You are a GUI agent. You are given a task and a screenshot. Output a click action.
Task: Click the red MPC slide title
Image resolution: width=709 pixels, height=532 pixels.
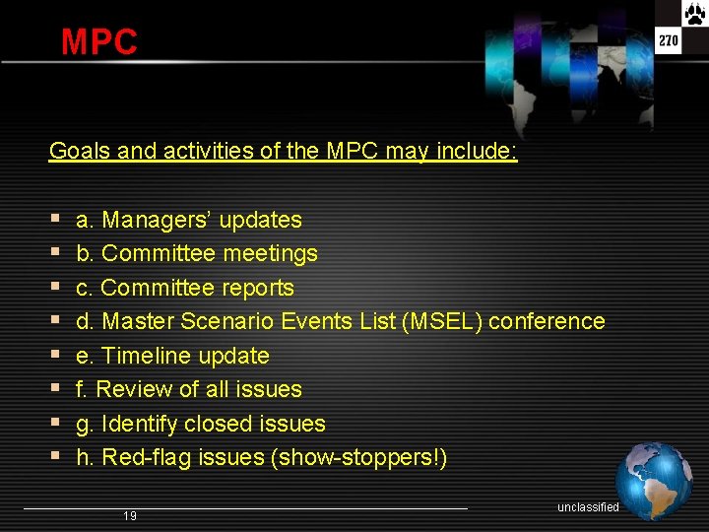(98, 42)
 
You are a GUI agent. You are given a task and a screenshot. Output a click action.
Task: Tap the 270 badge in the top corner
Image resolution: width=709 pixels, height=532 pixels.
(669, 41)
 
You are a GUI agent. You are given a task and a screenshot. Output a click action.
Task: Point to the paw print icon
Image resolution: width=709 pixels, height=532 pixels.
(694, 15)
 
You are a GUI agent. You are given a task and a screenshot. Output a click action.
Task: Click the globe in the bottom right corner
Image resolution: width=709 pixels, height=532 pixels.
(654, 482)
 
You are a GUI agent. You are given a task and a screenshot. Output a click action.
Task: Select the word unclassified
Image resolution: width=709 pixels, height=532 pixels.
(588, 507)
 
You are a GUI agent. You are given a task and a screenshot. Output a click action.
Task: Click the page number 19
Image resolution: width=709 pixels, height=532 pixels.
(130, 516)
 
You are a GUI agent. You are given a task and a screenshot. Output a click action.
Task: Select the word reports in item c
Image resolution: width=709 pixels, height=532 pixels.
(258, 288)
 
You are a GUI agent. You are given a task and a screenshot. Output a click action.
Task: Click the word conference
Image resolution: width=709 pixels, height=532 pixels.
(547, 321)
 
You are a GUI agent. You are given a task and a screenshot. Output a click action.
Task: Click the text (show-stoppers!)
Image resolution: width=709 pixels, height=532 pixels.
(358, 457)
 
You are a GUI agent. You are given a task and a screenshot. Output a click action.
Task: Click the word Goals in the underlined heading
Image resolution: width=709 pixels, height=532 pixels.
(80, 152)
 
